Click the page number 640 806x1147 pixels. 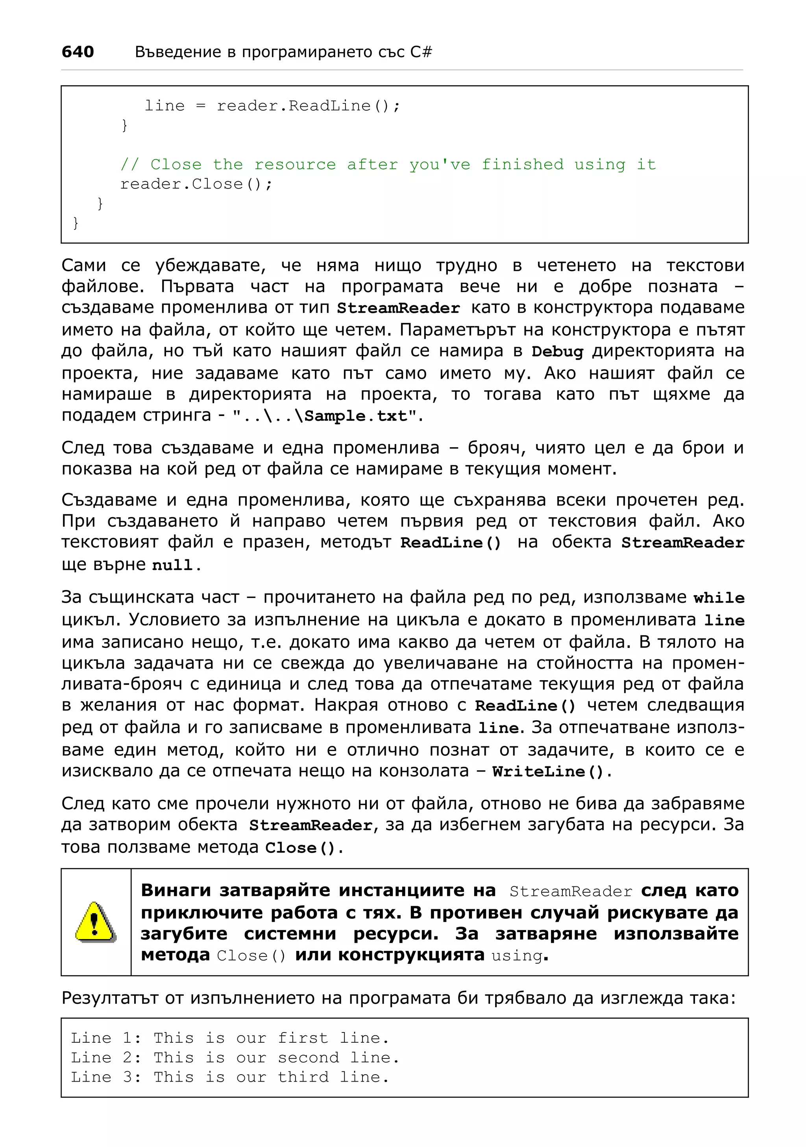[78, 52]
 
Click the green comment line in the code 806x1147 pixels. [388, 165]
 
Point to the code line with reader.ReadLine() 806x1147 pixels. [272, 106]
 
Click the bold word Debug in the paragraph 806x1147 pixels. [557, 351]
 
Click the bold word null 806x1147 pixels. [172, 565]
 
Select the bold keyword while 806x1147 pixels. [719, 598]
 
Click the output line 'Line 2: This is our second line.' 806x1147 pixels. [235, 1057]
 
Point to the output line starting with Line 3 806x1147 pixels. [230, 1077]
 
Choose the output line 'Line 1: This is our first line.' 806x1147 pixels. [230, 1038]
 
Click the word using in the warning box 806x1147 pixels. [516, 955]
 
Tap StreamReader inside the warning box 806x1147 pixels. [570, 891]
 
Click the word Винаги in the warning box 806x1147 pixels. [177, 890]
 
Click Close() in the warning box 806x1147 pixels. [251, 955]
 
